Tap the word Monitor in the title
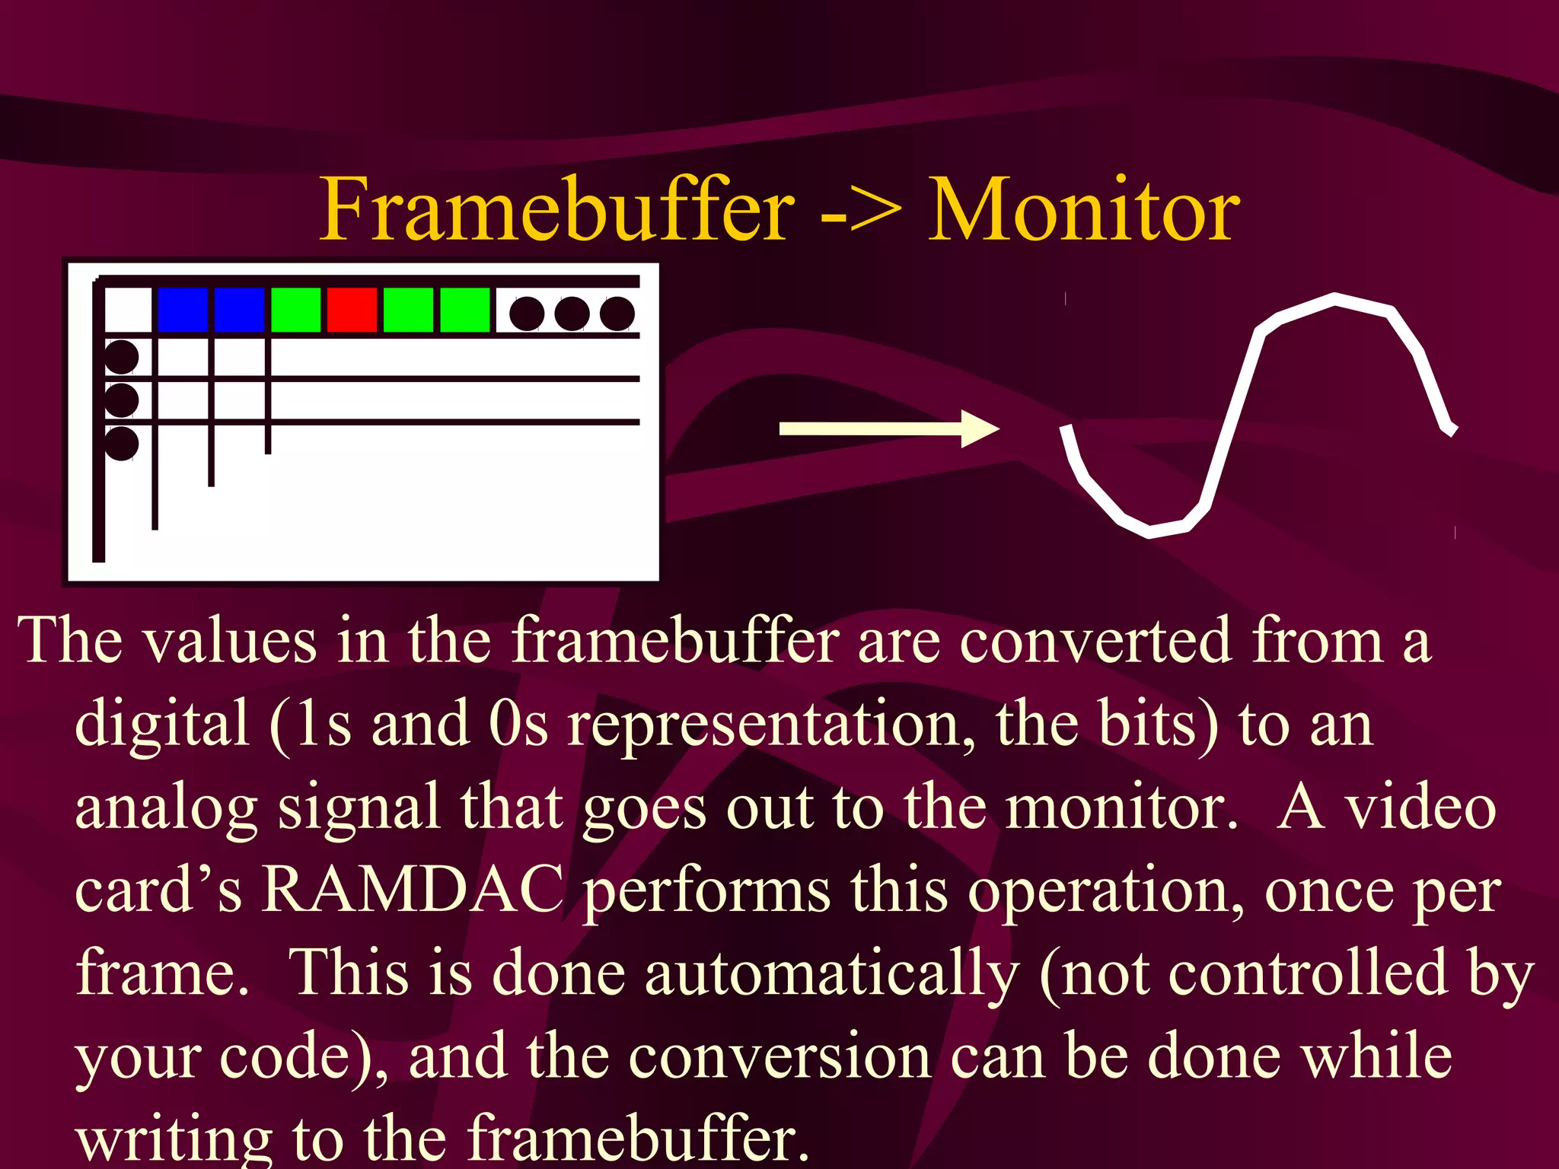[1084, 209]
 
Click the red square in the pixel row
[352, 310]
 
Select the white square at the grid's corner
[127, 310]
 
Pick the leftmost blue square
[183, 310]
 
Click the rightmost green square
[464, 310]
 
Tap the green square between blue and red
[295, 310]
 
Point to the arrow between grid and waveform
[888, 428]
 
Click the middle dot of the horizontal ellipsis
[572, 314]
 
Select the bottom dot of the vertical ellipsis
[121, 443]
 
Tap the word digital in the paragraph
[162, 723]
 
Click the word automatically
[831, 974]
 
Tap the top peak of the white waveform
[1336, 299]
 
